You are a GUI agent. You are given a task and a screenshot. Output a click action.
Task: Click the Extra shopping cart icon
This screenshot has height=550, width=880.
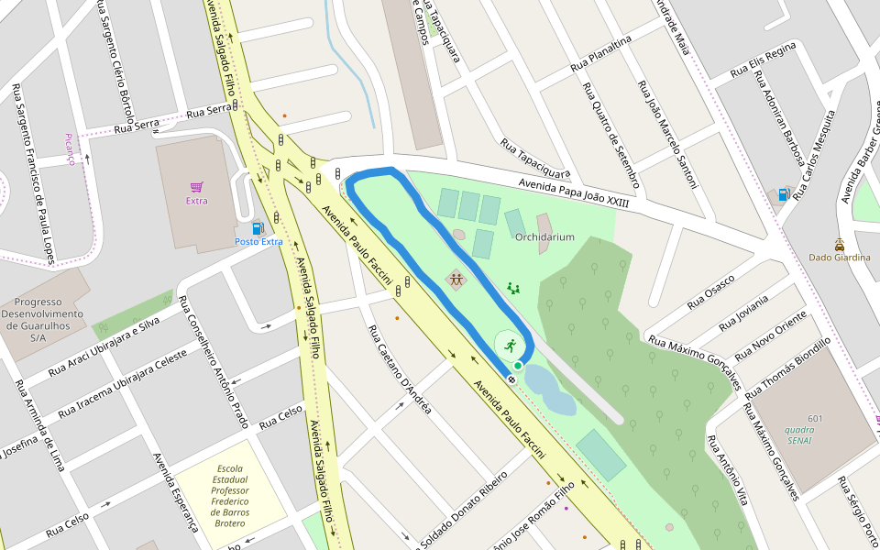(196, 187)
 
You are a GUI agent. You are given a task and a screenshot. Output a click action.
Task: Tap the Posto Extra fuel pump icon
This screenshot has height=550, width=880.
(258, 227)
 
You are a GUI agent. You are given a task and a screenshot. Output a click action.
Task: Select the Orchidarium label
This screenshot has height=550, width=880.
(544, 237)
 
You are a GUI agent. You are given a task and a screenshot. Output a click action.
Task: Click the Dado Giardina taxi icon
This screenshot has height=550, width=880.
(840, 244)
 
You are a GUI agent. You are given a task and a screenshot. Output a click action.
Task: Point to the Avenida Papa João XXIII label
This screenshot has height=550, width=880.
(574, 192)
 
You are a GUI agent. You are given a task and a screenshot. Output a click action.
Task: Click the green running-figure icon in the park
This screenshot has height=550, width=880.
(510, 346)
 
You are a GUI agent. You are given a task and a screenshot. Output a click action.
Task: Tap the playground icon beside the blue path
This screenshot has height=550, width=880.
(456, 278)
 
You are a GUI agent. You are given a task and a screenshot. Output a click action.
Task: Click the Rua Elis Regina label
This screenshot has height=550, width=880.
(763, 61)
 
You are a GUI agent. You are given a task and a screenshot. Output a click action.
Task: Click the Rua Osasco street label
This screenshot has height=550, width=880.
(711, 290)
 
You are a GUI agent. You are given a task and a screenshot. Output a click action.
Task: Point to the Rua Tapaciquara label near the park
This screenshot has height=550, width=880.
(534, 159)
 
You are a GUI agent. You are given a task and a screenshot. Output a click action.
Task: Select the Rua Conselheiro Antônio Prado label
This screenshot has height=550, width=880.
(216, 362)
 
